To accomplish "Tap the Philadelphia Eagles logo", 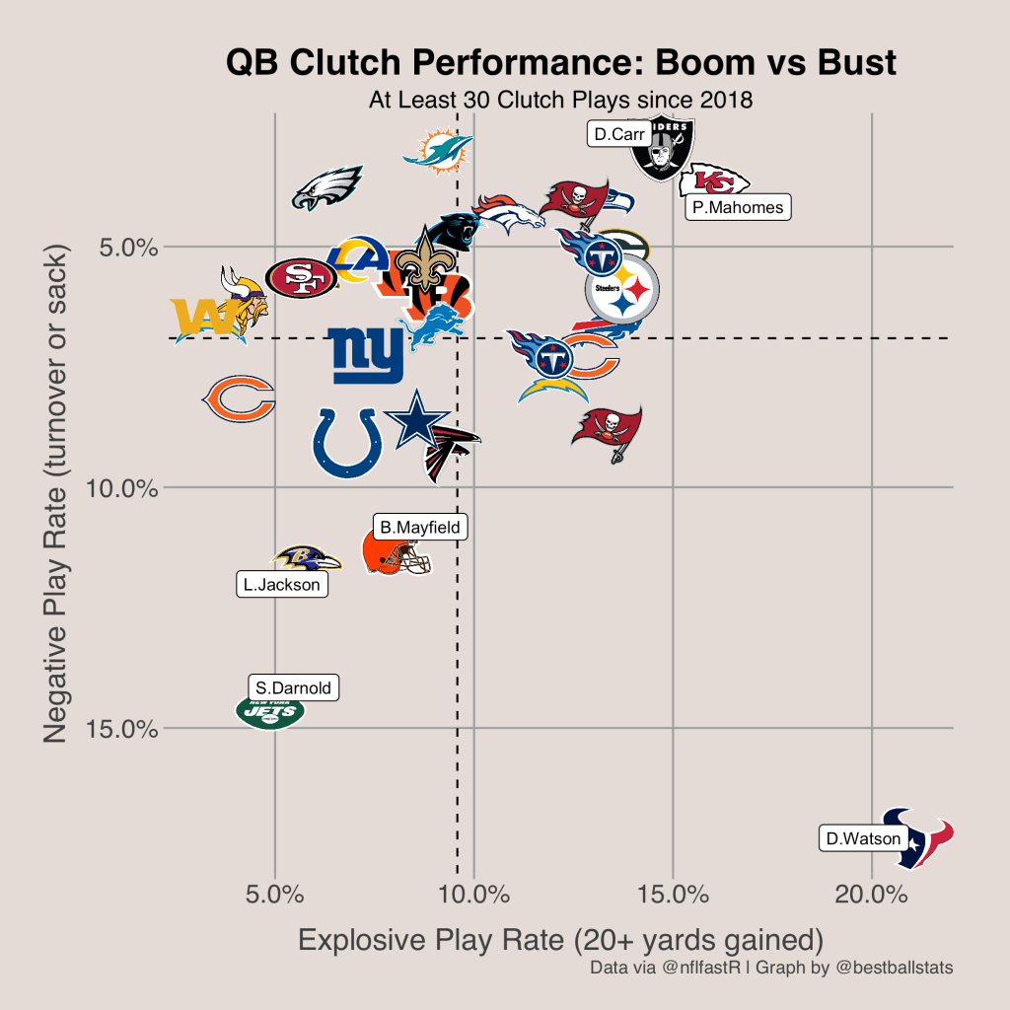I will [327, 188].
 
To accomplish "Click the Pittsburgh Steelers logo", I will [621, 289].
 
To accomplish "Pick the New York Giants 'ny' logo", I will [366, 355].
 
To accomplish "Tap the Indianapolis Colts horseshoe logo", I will [347, 442].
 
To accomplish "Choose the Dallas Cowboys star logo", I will [415, 420].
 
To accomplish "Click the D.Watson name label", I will [863, 839].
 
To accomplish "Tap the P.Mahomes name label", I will [738, 207].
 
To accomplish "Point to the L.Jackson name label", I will [282, 585].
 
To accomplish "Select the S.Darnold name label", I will [293, 688].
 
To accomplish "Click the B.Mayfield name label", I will [420, 528].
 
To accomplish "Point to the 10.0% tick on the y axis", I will [131, 487].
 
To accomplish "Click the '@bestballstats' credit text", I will [894, 968].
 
